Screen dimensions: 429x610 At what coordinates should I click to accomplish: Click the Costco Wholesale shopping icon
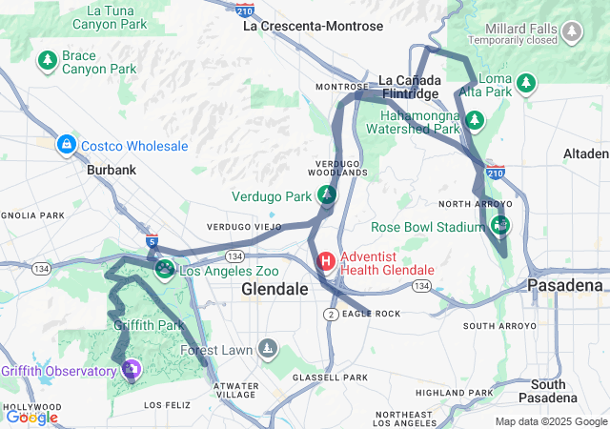click(66, 146)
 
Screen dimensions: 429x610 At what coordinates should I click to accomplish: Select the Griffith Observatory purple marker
click(132, 368)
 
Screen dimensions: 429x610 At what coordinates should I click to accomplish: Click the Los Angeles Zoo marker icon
click(165, 271)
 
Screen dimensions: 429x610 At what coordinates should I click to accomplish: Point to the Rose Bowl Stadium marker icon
click(499, 226)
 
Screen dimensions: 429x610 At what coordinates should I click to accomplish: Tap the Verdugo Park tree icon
click(327, 196)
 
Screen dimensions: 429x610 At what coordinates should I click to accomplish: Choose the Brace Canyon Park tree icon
click(47, 62)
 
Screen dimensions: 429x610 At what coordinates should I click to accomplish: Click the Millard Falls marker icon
click(572, 33)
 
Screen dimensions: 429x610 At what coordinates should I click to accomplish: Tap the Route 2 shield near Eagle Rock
click(330, 314)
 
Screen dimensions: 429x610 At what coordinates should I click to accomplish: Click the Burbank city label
click(112, 170)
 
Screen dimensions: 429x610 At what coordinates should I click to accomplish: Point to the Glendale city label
click(274, 288)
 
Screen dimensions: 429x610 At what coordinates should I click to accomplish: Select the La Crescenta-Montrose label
click(313, 26)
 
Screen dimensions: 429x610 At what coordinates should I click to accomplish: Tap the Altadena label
click(585, 153)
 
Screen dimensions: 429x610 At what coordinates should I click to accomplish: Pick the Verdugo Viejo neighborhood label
click(239, 227)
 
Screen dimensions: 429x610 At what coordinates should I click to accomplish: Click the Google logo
click(31, 417)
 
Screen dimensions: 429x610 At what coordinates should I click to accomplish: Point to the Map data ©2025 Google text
click(550, 421)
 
